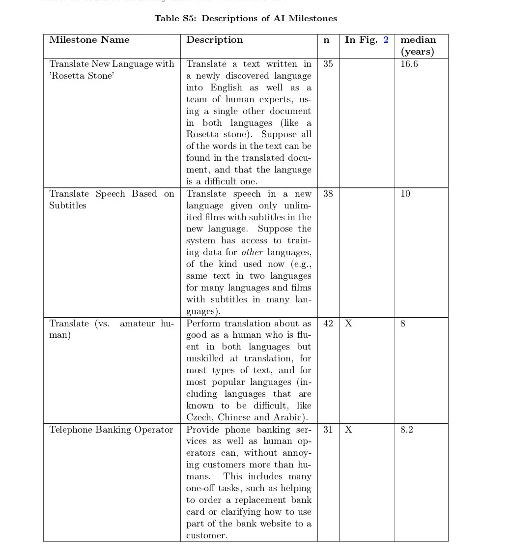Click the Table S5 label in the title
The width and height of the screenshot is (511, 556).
[175, 19]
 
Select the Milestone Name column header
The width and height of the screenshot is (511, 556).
[89, 40]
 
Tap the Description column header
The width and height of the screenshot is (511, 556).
[214, 40]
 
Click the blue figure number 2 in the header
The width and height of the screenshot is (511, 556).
[386, 40]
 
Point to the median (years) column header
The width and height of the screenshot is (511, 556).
[418, 45]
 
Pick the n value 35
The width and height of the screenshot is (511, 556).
[328, 64]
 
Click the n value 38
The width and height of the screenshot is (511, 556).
[328, 194]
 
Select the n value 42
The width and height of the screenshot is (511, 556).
[328, 323]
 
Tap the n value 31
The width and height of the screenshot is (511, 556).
[328, 430]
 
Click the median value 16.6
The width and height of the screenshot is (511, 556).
[409, 64]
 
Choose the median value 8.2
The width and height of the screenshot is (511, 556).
[406, 430]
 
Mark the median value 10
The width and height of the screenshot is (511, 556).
[405, 194]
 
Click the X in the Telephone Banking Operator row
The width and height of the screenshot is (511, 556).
[348, 430]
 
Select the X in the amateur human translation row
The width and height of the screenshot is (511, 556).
[348, 323]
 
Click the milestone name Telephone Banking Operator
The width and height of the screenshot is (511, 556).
[111, 430]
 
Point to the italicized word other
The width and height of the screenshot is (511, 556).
[252, 253]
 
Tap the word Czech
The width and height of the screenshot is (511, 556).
[199, 418]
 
